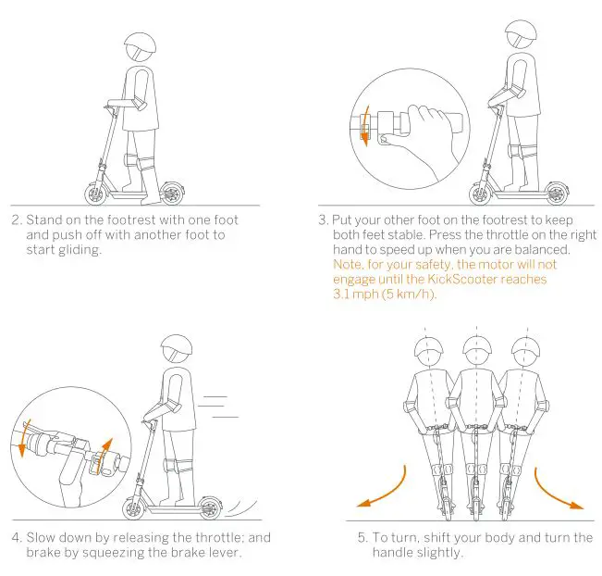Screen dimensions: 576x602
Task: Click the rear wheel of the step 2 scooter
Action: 169,194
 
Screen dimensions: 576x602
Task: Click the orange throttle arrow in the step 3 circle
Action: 364,124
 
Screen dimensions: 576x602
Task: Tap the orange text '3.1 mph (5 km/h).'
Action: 383,294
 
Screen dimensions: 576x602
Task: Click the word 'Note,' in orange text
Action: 350,264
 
